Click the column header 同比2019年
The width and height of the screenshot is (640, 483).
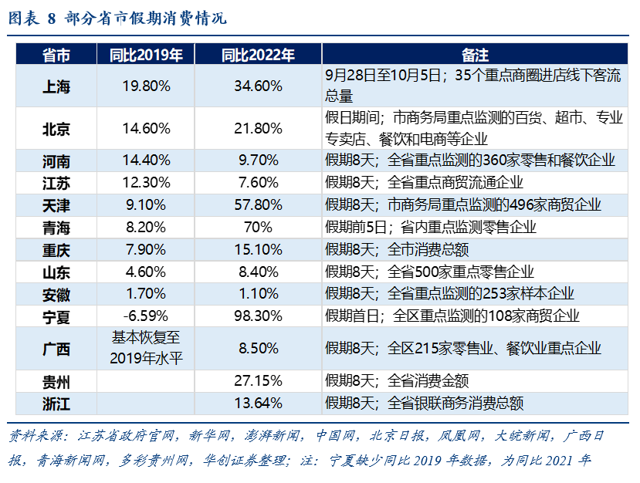[146, 55]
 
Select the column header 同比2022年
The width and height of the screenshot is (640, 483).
[258, 55]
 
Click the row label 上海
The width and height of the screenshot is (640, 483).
[56, 86]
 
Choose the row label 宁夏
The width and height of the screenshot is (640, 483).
[56, 316]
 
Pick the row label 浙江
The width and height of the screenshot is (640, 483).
[56, 404]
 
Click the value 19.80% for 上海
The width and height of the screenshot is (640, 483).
[146, 86]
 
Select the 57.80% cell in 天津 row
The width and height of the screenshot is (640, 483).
[258, 205]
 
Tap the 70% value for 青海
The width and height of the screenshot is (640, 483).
[258, 228]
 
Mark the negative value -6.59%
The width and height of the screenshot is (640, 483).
[146, 316]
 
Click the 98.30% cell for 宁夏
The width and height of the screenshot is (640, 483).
[258, 316]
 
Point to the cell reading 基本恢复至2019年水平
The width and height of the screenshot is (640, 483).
[146, 349]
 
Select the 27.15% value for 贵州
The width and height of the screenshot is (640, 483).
[258, 381]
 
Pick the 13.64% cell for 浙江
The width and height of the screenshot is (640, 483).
[258, 404]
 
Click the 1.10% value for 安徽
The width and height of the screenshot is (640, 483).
[258, 294]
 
